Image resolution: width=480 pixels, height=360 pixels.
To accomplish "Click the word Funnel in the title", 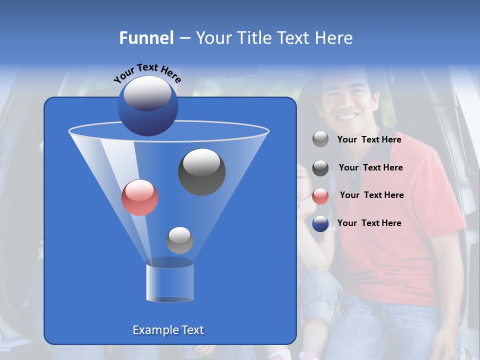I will pos(146,38).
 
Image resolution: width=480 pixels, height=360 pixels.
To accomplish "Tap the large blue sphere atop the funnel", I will pos(147,106).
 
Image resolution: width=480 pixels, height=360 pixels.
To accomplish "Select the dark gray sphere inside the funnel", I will pos(201,171).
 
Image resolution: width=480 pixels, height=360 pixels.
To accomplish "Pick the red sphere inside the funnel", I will pos(139,197).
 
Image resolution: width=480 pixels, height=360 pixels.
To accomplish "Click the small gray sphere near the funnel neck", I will pos(179,240).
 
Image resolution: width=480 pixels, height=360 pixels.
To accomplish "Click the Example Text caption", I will pos(168,330).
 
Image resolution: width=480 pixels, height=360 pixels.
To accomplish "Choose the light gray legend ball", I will pos(320,139).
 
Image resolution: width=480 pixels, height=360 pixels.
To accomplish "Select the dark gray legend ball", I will pos(320,168).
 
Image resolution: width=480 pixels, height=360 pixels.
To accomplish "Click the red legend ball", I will pos(320,196).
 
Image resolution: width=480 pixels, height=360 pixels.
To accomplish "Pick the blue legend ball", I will pos(320,223).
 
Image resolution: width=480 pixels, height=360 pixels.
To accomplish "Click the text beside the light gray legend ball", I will pos(369,139).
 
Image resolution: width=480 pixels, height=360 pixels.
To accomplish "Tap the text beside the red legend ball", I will pos(371,195).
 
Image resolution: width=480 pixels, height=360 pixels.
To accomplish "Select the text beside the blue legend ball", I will pos(369,223).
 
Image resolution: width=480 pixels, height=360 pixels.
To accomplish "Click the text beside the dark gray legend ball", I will pos(370,167).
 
